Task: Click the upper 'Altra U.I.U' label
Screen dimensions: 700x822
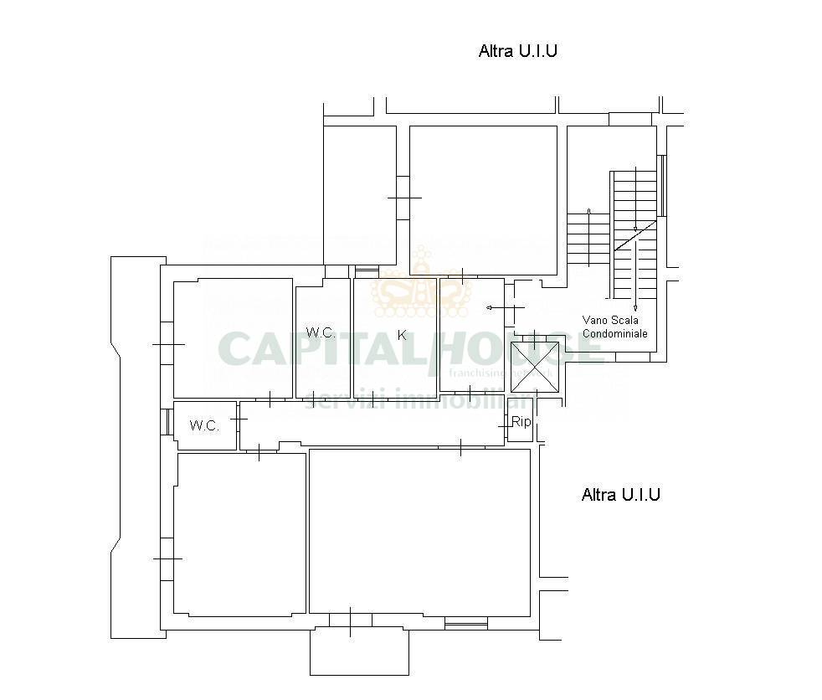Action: tap(517, 51)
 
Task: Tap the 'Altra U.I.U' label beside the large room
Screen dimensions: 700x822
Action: tap(620, 495)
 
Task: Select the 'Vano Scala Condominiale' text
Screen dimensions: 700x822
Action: tap(614, 327)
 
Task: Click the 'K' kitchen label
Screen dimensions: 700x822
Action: tap(402, 335)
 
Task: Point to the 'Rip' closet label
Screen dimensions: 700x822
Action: tap(521, 422)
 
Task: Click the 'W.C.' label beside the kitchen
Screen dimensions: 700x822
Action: tap(321, 332)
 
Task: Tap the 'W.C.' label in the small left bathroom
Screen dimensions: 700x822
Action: tap(204, 425)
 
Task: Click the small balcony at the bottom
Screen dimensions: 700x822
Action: tap(359, 651)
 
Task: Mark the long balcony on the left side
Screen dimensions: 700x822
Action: tap(136, 448)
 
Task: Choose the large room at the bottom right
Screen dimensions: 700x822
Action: tap(419, 532)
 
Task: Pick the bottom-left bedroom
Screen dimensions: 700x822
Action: tap(239, 533)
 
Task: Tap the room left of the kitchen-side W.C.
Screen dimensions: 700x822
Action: tap(232, 338)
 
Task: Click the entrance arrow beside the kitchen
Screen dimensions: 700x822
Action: tap(495, 308)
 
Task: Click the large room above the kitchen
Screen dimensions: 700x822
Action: tap(483, 199)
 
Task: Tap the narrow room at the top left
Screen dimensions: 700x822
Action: tap(359, 194)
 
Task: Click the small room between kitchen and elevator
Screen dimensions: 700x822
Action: tap(471, 333)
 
